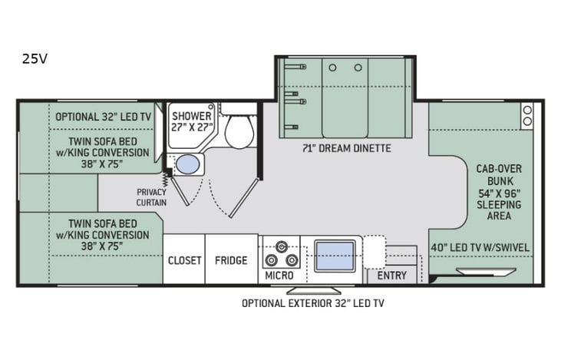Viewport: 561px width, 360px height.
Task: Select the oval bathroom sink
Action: (186, 164)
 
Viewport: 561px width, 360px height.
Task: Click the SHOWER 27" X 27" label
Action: (191, 122)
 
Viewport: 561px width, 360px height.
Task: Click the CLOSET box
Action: (184, 260)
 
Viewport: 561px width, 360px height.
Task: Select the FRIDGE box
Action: (231, 260)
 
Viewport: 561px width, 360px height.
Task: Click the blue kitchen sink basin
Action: (335, 256)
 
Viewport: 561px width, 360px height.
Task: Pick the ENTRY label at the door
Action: (391, 276)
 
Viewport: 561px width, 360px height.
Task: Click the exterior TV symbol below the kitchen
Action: (314, 289)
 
